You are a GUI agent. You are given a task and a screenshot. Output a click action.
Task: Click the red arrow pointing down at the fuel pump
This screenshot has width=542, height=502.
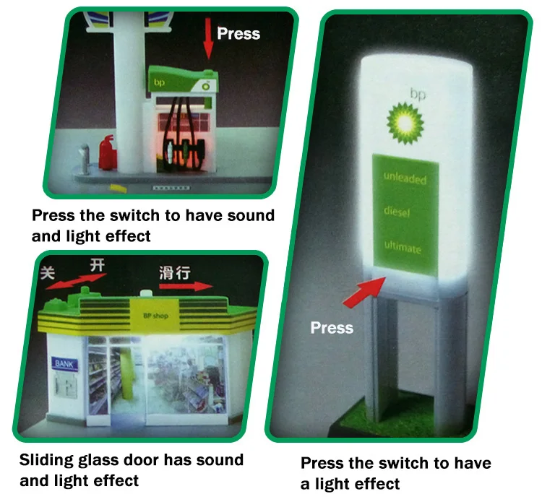coord(209,40)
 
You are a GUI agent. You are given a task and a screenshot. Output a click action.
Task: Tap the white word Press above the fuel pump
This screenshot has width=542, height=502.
coord(238,33)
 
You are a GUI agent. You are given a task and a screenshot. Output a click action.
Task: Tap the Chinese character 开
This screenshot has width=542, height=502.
coord(96,265)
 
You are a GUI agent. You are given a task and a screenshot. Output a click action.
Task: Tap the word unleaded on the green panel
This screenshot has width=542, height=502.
coord(405,178)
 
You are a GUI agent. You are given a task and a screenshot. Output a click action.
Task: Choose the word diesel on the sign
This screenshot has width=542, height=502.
coord(400,213)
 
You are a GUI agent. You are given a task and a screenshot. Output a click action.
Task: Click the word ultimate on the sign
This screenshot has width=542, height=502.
coord(402,247)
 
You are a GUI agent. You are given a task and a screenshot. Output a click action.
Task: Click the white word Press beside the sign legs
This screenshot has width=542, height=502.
coord(332,328)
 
